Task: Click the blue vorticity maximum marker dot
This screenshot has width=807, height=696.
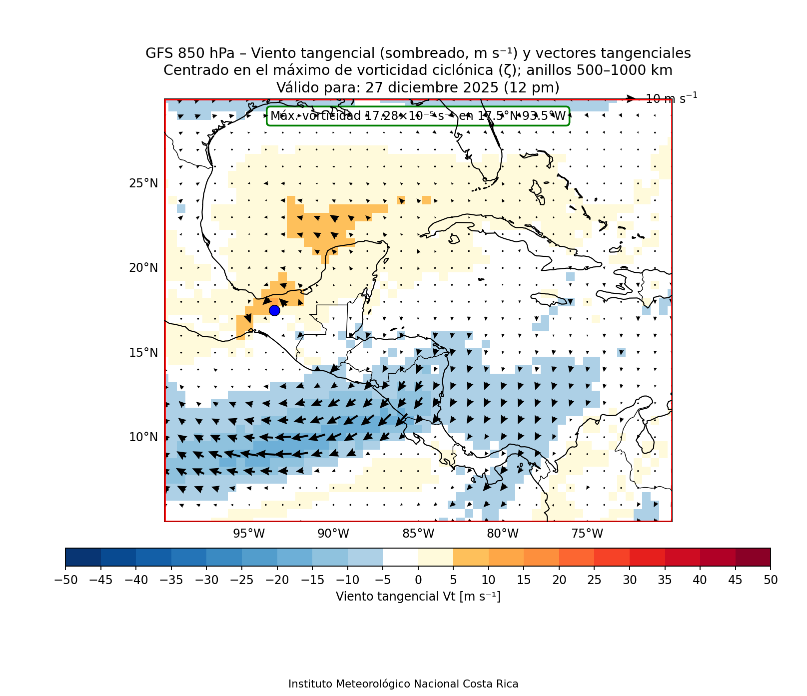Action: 274,310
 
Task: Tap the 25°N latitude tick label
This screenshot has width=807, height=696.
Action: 143,183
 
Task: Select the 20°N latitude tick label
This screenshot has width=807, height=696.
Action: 143,268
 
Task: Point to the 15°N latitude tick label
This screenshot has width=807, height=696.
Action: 143,353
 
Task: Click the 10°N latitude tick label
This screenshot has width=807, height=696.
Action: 143,437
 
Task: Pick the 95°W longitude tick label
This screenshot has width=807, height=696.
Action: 249,534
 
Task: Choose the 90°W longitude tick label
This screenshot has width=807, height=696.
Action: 333,534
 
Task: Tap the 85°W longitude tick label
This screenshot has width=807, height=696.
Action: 418,534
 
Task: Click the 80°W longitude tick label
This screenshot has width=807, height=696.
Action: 503,534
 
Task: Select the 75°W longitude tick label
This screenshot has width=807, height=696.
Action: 587,534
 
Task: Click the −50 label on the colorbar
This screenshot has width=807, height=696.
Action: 65,580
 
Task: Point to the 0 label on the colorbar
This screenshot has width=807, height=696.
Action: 418,580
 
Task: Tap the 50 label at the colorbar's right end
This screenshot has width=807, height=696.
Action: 771,580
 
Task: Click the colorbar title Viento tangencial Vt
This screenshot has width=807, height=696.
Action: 418,597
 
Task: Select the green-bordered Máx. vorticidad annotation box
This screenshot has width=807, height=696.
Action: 418,116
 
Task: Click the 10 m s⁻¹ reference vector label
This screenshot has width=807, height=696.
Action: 671,98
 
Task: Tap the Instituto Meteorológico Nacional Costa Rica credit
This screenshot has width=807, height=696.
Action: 403,684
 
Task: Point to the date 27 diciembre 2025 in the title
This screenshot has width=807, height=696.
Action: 432,88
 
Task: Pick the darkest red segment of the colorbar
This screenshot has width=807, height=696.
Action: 753,557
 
